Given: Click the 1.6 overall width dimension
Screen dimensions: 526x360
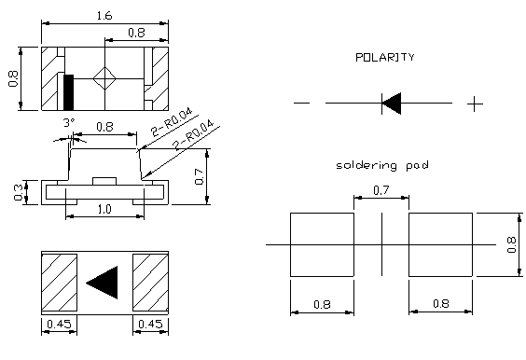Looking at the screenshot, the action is tap(104, 16).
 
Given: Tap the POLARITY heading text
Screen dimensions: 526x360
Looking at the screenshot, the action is tap(385, 58).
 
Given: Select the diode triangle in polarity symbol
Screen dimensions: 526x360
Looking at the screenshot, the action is tap(392, 104).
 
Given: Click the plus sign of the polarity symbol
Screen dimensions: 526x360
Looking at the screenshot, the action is tap(475, 104).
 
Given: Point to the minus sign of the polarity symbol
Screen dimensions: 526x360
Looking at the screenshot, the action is tap(301, 103).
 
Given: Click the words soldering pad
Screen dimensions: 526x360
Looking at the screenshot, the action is tap(382, 165).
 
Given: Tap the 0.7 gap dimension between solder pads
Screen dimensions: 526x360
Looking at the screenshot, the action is tap(381, 190).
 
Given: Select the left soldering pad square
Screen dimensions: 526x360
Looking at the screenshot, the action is tap(322, 244).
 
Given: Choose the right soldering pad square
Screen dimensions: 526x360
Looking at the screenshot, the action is tap(440, 244).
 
